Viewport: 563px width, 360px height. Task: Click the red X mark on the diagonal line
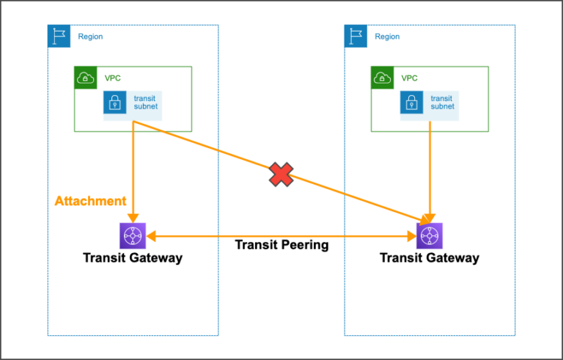point(280,175)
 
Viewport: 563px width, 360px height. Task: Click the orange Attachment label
point(90,201)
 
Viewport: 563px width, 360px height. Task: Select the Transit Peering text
point(281,245)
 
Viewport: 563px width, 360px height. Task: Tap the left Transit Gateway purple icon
point(133,236)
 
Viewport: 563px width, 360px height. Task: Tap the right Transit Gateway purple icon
point(430,236)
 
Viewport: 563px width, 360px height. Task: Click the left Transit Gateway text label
point(133,257)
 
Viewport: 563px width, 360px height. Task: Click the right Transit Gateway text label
point(430,257)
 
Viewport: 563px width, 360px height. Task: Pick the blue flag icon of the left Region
point(59,36)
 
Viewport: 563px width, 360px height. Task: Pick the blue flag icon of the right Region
point(356,36)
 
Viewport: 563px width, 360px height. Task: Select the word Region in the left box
point(90,37)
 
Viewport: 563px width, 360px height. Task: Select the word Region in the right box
point(387,37)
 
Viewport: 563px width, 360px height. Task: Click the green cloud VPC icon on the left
point(86,78)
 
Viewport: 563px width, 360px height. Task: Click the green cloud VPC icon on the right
point(382,78)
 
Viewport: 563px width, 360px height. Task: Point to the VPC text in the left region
point(112,78)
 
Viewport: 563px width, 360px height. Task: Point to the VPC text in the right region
point(409,78)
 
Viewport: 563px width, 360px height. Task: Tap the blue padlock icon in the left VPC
point(114,103)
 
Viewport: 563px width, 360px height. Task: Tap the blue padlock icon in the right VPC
point(411,103)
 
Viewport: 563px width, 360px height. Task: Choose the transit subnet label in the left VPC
point(145,103)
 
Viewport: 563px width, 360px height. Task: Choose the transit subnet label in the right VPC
point(442,103)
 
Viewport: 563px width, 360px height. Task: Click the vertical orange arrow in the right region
point(430,169)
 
